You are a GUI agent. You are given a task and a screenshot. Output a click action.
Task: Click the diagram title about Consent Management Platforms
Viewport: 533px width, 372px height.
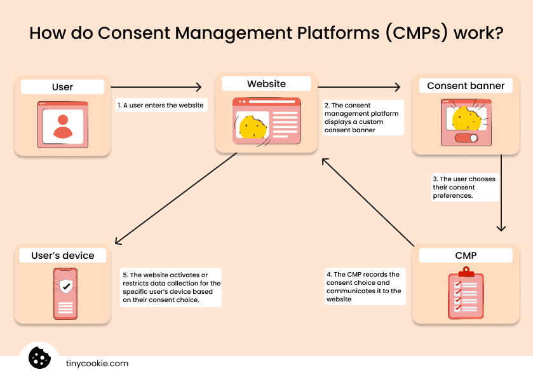coord(266,33)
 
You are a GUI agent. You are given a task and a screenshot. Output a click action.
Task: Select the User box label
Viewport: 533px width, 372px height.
coord(62,87)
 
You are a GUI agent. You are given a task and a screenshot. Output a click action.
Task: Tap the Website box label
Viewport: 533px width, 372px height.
coord(266,84)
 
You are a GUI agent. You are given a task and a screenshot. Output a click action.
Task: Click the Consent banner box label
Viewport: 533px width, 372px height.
coord(466,86)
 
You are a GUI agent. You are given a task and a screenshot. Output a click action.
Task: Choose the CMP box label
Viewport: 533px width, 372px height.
coord(466,256)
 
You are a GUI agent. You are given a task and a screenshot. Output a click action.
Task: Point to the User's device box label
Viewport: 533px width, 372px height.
coord(62,256)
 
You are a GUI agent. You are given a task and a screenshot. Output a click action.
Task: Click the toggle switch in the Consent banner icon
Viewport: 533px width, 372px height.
coord(466,138)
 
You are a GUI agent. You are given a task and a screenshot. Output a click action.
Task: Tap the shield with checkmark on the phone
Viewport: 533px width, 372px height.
coord(65,286)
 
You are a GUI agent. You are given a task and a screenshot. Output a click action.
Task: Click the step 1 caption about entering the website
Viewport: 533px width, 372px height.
coord(161,105)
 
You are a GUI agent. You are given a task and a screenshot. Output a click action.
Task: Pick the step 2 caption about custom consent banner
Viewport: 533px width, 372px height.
coord(362,118)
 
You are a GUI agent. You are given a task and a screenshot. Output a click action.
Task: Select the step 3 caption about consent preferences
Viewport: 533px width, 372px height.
coord(463,188)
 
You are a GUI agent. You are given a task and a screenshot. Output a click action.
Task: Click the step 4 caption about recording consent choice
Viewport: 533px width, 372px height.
coord(364,287)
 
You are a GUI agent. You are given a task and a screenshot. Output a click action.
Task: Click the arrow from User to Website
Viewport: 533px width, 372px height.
coord(156,87)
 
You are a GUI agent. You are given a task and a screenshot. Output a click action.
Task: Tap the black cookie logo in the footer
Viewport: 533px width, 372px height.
coord(39,357)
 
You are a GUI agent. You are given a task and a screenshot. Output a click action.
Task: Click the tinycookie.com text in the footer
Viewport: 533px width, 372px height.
coord(97,364)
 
